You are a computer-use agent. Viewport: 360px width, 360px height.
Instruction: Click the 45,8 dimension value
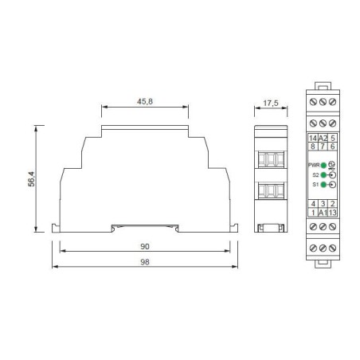pos(145,102)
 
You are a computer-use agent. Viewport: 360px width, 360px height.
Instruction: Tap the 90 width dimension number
pos(145,247)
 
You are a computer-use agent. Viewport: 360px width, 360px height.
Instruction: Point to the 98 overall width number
pos(145,262)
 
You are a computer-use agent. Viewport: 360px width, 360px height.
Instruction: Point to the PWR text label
pos(313,164)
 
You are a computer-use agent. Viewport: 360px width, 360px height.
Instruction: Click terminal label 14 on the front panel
pos(312,138)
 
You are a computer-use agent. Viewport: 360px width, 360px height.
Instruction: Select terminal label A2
pos(322,138)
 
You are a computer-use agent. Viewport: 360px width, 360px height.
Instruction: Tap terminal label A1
pos(322,213)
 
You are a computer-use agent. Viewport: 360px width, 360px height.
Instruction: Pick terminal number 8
pos(312,147)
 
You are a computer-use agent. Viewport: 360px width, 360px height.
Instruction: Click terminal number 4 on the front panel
pos(312,204)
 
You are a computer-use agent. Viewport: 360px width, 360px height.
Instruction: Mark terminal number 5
pos(332,138)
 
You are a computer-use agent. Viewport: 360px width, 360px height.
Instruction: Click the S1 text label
pos(315,184)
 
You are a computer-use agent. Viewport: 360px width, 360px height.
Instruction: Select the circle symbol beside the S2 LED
pos(332,174)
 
